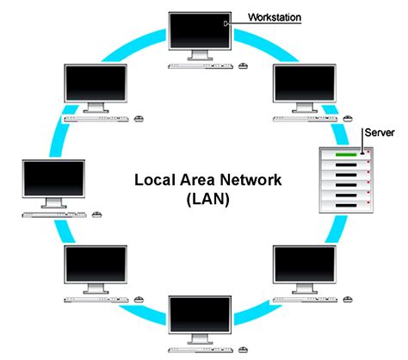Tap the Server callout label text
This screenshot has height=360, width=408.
pos(380,133)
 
